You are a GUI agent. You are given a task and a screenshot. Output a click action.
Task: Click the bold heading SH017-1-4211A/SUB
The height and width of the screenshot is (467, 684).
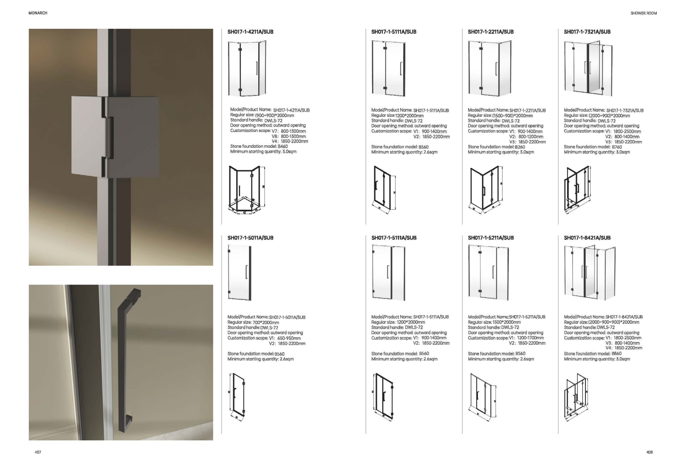[x=247, y=31]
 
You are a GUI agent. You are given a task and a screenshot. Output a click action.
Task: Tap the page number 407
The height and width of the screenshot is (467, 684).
[x=38, y=452]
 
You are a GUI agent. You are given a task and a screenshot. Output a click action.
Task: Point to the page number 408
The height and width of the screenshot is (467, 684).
[x=649, y=452]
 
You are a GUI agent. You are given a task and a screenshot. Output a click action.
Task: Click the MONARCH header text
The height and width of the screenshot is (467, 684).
[x=38, y=13]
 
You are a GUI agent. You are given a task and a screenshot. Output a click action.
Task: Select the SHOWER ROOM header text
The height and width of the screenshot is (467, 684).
[x=644, y=13]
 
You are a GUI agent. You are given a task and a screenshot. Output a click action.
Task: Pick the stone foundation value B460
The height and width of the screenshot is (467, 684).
[x=283, y=146]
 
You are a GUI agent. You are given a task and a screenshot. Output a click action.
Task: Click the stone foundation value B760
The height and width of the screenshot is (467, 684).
[x=617, y=147]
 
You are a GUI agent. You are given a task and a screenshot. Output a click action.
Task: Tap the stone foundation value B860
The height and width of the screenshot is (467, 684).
[x=616, y=354]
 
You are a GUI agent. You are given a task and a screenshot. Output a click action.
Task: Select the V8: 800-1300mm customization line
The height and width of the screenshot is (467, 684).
[x=289, y=136]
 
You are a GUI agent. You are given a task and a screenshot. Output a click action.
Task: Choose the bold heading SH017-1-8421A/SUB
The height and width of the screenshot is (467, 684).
[x=587, y=238]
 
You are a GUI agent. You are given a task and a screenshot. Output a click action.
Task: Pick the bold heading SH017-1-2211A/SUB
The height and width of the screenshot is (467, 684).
[x=491, y=31]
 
